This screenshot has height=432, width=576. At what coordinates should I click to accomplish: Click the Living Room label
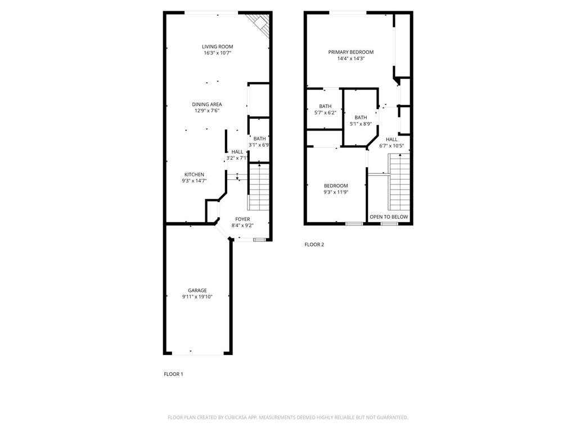[218, 47]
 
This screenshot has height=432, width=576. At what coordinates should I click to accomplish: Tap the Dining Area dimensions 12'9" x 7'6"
[207, 111]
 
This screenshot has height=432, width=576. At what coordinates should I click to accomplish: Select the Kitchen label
[194, 174]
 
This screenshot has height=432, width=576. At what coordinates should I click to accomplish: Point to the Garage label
[197, 290]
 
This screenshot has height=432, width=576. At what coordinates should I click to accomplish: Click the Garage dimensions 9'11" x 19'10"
[197, 297]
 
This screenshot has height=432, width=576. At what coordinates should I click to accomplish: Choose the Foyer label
[242, 219]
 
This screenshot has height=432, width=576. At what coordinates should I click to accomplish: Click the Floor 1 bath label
[259, 138]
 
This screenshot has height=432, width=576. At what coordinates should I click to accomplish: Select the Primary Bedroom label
[351, 52]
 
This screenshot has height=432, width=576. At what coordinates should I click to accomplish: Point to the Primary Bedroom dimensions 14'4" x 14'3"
[351, 58]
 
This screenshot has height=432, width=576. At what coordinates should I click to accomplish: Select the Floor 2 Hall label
[391, 139]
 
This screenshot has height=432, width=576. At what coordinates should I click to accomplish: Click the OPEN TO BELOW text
[389, 217]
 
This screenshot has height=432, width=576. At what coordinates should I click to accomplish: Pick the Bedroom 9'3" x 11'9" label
[336, 186]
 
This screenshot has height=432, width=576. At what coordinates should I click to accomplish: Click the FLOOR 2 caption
[314, 245]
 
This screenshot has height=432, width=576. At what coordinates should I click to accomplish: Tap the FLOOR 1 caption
[173, 374]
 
